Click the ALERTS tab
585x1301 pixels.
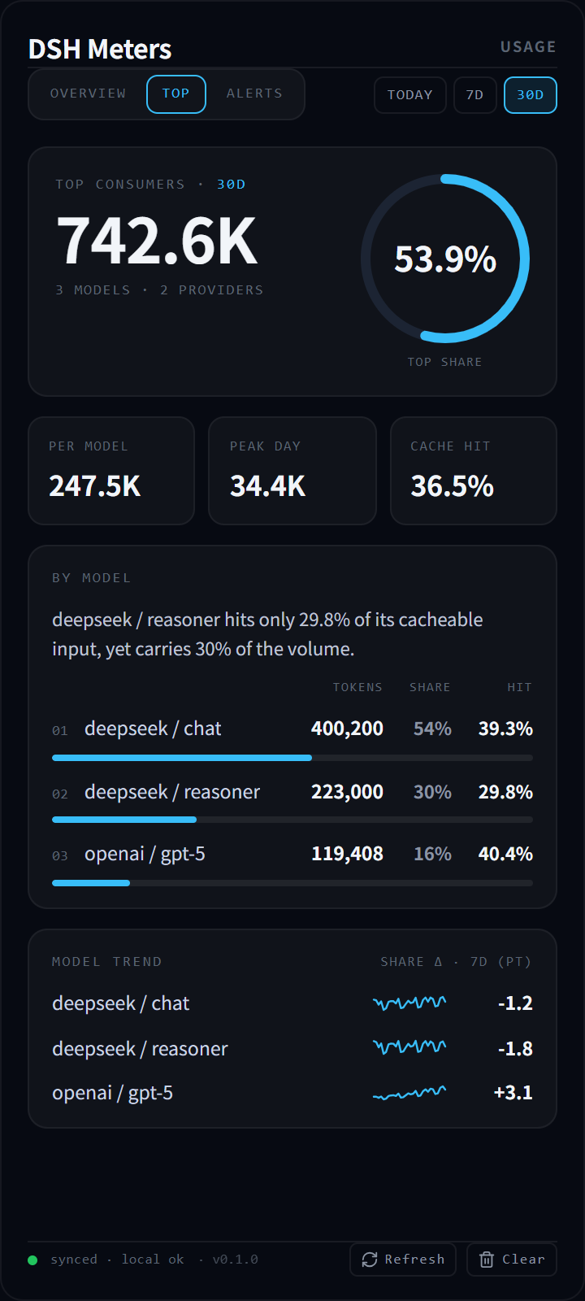point(254,94)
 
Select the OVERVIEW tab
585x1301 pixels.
point(88,94)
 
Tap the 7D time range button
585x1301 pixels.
point(474,94)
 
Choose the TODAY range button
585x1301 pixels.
point(409,94)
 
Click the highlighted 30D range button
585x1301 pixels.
point(530,94)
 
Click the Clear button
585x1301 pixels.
point(511,1260)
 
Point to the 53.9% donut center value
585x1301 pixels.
point(445,259)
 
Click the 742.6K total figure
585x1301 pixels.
point(157,241)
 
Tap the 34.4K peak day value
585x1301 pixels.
point(267,485)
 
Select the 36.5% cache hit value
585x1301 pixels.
point(452,485)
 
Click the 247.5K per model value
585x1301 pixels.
point(94,485)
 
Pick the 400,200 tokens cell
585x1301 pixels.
point(347,729)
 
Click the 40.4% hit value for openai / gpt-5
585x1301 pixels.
point(505,854)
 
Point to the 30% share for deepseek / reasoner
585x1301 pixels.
point(432,792)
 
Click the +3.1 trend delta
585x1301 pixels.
point(513,1093)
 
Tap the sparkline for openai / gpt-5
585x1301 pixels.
point(409,1093)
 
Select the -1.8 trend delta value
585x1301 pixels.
point(515,1048)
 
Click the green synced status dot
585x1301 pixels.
point(32,1260)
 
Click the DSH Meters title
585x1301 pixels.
point(100,50)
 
